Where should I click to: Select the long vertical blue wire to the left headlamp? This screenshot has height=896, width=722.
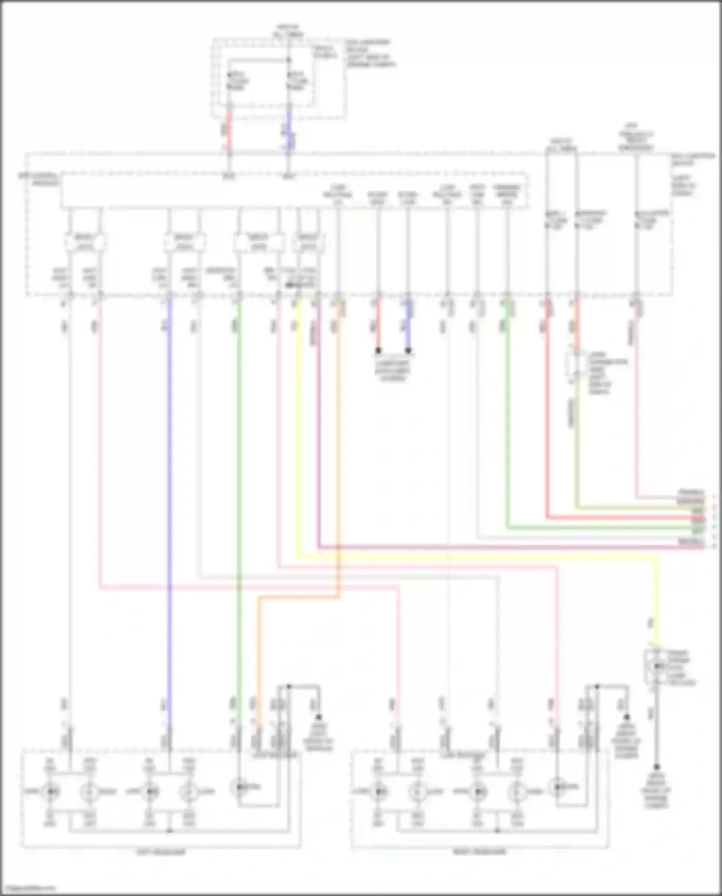(169, 481)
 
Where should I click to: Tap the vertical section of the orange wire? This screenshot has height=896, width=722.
(339, 433)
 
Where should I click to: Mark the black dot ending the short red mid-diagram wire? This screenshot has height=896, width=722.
(378, 351)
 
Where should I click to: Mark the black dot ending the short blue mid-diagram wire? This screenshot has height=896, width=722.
(408, 351)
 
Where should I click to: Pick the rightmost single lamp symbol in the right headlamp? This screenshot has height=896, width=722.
(558, 787)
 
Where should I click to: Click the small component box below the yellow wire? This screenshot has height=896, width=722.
(656, 667)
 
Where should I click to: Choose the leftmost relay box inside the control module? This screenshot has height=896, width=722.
(85, 242)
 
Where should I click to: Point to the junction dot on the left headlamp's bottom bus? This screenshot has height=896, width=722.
(169, 831)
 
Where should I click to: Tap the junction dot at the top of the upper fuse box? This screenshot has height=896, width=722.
(289, 60)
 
